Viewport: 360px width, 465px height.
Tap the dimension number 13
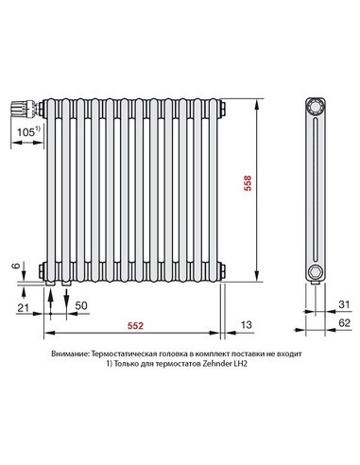[247, 325]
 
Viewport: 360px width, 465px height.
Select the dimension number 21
[24, 307]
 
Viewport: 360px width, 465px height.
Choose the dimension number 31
[344, 304]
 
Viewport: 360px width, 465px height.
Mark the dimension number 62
[344, 323]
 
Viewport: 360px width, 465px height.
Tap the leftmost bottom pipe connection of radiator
[49, 278]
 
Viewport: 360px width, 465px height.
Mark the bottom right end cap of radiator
[222, 272]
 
